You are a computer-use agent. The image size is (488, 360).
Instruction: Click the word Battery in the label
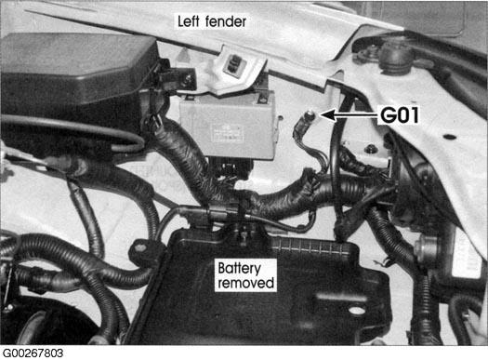(240, 267)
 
